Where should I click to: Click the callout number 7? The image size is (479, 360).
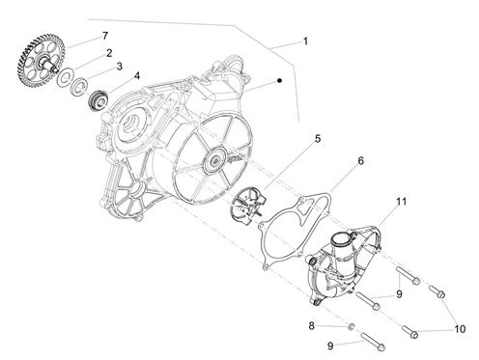click(105, 36)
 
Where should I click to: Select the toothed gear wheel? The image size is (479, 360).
click(41, 61)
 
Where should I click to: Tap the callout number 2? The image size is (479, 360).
click(109, 53)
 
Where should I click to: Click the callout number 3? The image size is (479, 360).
click(120, 67)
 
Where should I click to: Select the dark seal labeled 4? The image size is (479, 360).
click(98, 100)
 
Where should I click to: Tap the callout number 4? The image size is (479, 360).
click(137, 76)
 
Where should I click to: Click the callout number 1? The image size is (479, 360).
click(305, 42)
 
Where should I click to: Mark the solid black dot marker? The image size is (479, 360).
click(279, 80)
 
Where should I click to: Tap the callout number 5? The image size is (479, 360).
click(318, 139)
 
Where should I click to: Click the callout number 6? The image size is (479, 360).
click(360, 160)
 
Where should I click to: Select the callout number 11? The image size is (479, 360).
click(401, 202)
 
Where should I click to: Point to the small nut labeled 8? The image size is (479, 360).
click(352, 326)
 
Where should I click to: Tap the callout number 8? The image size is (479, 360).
click(311, 326)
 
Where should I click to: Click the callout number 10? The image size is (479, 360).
click(460, 329)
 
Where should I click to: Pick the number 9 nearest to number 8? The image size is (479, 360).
click(330, 346)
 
